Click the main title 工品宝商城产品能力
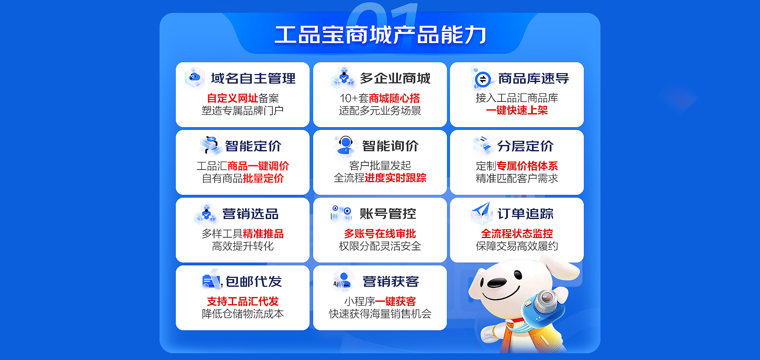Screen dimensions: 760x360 [380, 35]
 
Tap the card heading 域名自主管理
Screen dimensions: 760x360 [253, 78]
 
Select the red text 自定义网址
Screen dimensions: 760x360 [232, 98]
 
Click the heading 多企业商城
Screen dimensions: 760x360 [395, 78]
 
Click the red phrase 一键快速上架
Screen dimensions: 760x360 [517, 110]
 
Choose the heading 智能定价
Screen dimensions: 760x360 [253, 146]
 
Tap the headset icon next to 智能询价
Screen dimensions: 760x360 [345, 146]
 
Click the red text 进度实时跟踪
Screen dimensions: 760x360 [395, 178]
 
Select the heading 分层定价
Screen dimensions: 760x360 [525, 146]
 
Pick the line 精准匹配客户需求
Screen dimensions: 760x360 [517, 179]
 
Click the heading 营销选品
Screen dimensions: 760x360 [250, 214]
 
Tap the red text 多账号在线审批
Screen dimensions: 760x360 [380, 234]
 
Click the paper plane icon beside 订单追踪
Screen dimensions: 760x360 [481, 213]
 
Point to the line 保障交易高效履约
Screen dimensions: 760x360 [517, 246]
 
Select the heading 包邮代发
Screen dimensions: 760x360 [254, 282]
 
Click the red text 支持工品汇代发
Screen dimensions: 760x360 [243, 301]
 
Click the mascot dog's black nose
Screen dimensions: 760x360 [496, 282]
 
